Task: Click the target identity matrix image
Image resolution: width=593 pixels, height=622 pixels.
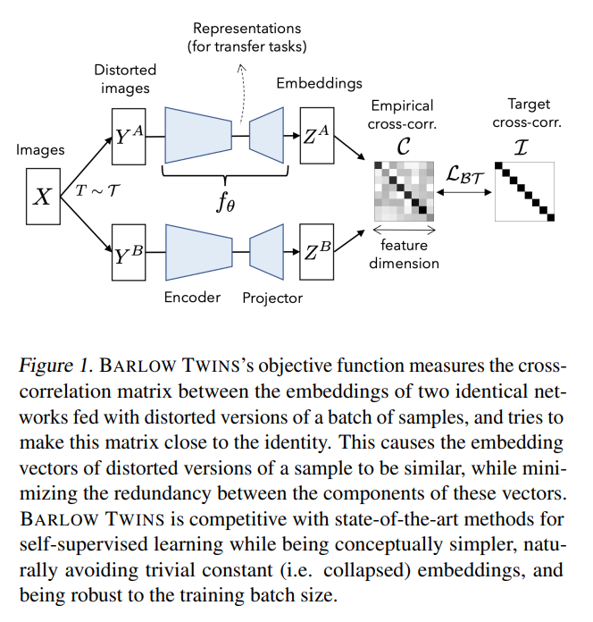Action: point(525,190)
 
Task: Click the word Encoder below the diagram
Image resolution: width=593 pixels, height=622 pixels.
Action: point(192,297)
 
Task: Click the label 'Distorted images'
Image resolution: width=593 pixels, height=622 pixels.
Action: point(125,79)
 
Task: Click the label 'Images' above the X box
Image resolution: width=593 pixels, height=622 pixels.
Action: point(40,149)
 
